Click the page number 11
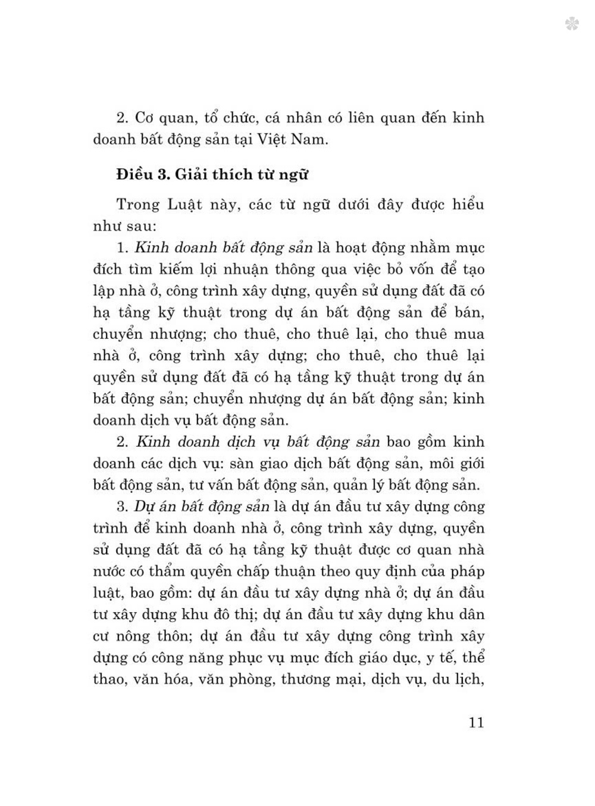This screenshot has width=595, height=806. click(x=476, y=723)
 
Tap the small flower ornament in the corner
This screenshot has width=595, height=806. click(x=572, y=24)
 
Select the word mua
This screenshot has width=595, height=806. click(x=468, y=334)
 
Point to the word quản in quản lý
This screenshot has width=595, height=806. click(x=352, y=485)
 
